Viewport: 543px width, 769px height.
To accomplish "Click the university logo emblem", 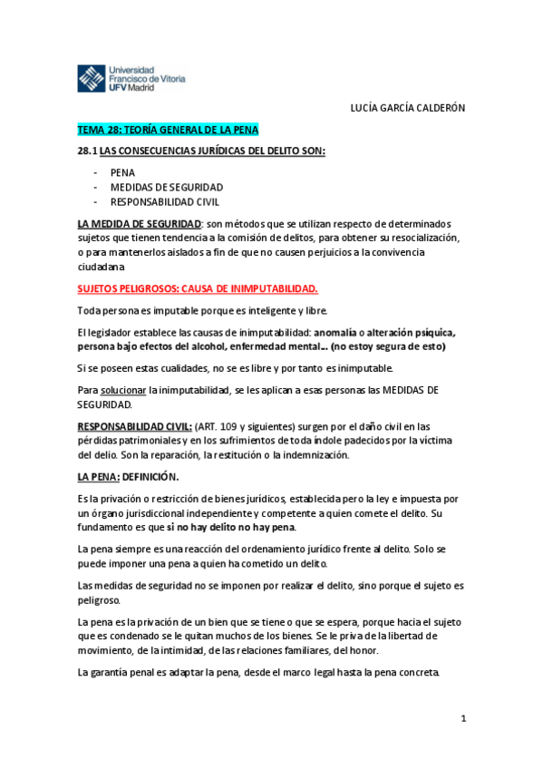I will click(x=91, y=78).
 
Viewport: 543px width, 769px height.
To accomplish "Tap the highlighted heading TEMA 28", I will click(x=169, y=131).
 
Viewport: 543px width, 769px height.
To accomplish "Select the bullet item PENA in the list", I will click(x=122, y=171).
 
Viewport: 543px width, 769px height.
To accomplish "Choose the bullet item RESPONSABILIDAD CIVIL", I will click(x=165, y=202).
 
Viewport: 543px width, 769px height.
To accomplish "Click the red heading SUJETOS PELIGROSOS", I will click(x=198, y=289).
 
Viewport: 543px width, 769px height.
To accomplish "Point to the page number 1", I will click(x=462, y=718).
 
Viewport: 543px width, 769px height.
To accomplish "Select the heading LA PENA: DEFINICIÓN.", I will click(x=128, y=476).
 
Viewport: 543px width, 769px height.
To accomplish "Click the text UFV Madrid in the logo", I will click(x=131, y=88).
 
